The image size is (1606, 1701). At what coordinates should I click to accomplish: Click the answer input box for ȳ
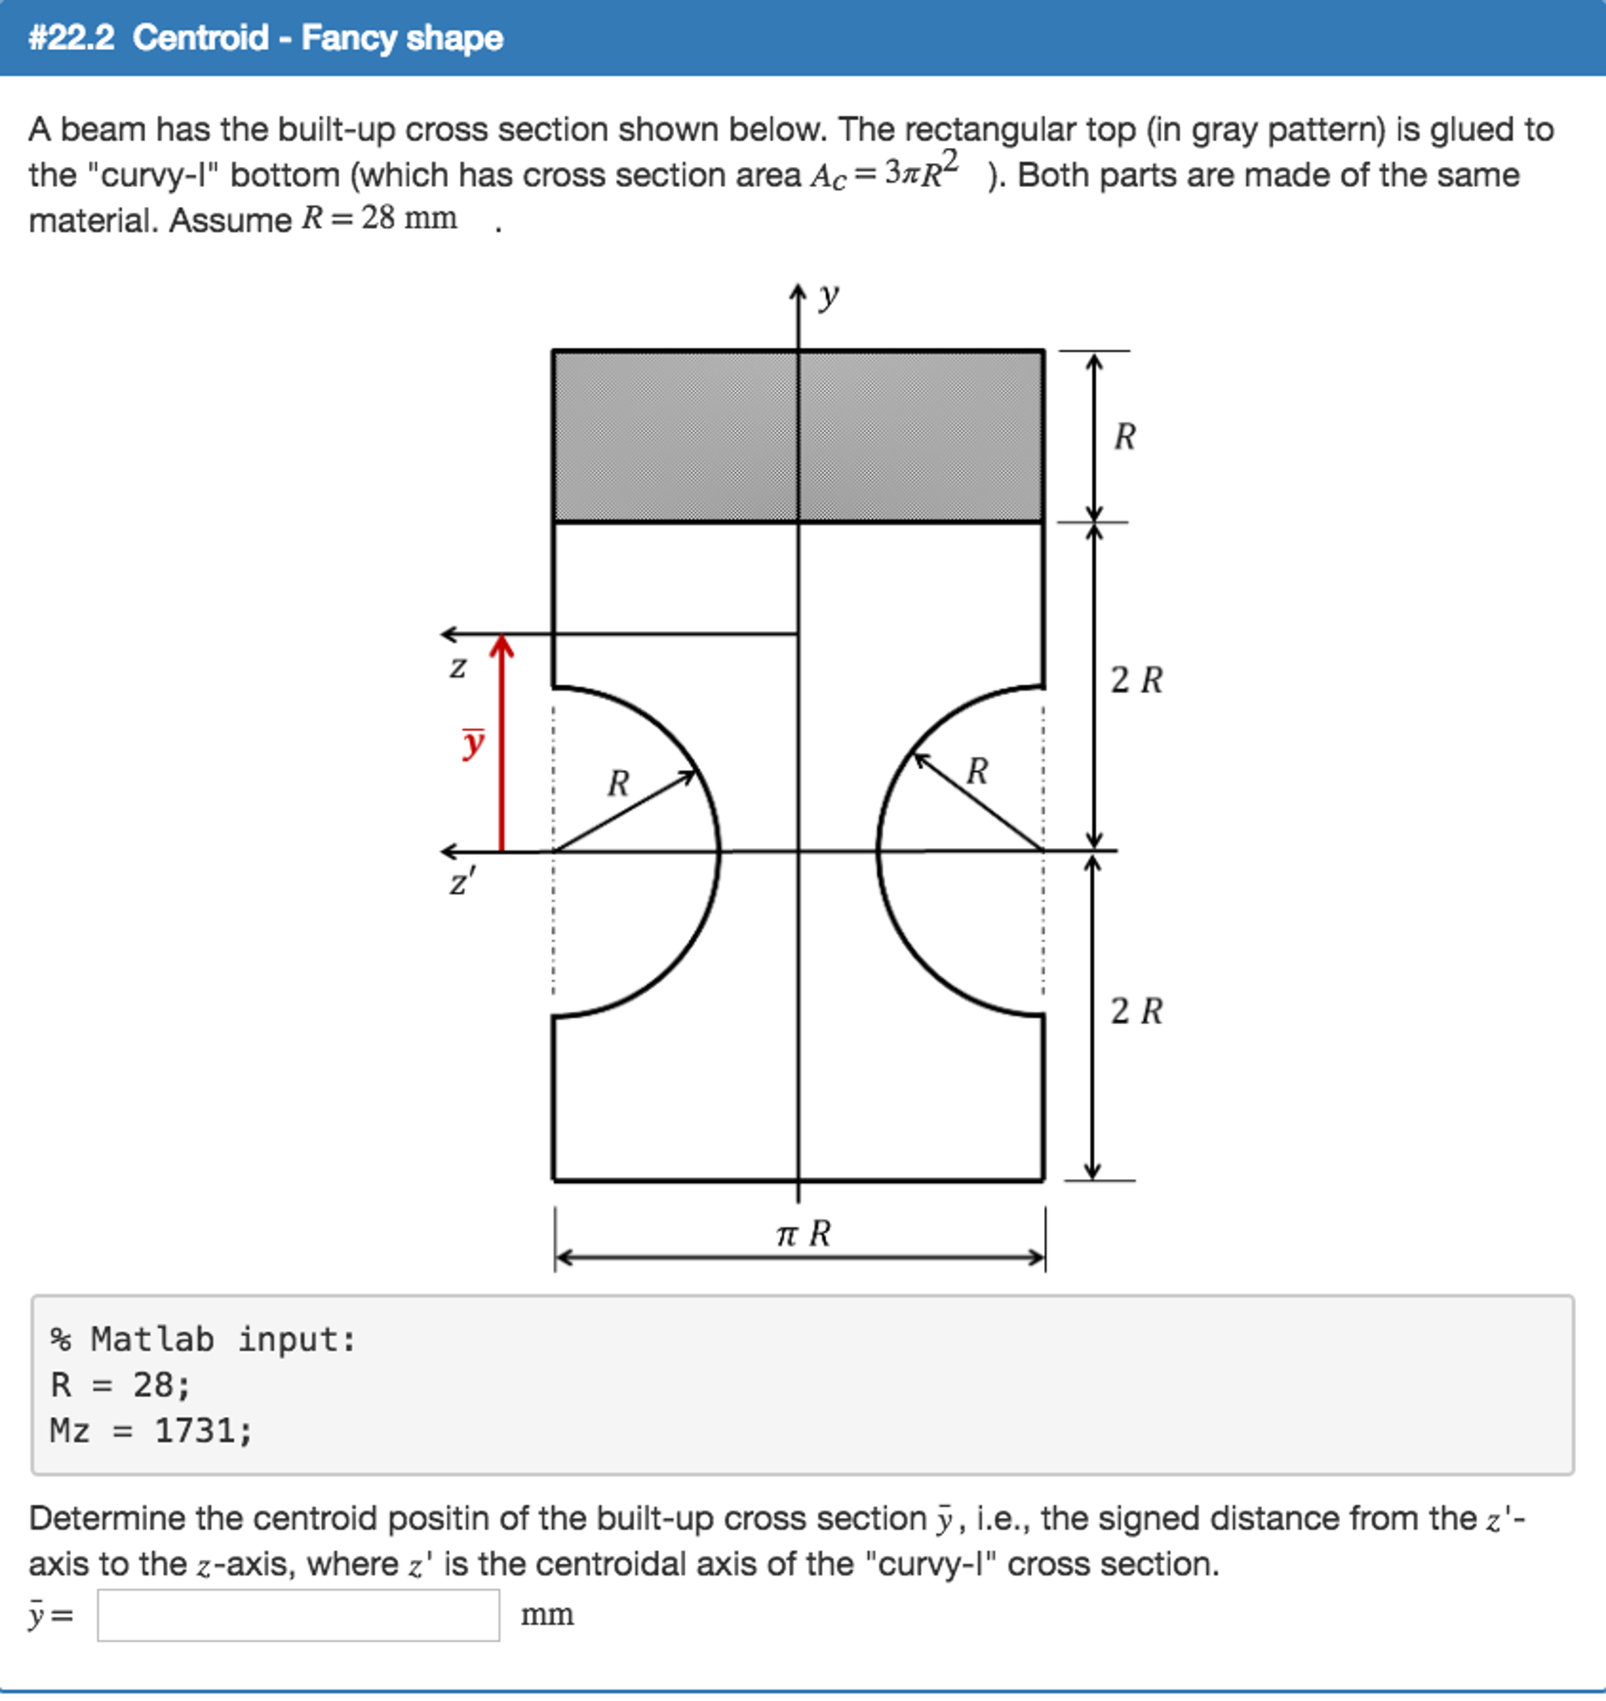(x=298, y=1615)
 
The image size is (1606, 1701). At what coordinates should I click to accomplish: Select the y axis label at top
(x=828, y=296)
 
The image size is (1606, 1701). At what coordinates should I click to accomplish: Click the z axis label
(x=458, y=667)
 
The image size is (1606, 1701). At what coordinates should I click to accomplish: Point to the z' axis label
(x=461, y=881)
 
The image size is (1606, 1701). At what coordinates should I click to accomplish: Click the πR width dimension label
(x=802, y=1234)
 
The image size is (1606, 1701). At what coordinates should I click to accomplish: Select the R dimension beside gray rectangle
(x=1124, y=436)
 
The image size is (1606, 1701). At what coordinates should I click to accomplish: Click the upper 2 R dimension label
(x=1136, y=681)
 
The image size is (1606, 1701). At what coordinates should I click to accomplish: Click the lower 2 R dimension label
(x=1136, y=1011)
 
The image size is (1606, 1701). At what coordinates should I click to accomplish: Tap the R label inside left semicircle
(x=618, y=783)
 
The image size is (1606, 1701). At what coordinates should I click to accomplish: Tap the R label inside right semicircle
(x=977, y=772)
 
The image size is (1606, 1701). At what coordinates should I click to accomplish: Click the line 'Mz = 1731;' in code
(x=151, y=1431)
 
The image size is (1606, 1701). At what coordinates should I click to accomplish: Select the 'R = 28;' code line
(x=120, y=1385)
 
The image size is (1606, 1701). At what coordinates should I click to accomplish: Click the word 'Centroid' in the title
(x=200, y=37)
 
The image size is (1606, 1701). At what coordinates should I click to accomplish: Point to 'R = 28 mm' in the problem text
(x=379, y=219)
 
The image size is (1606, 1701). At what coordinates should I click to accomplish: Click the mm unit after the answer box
(x=547, y=1615)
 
